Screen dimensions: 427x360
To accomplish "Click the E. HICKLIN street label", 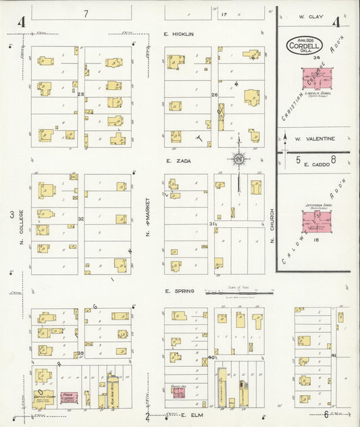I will click(178, 34).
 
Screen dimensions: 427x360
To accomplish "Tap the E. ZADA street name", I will click(176, 162).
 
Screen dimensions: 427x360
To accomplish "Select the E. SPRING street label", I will click(178, 291).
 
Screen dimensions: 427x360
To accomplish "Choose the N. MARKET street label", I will click(147, 226).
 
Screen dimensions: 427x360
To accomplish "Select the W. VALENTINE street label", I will click(315, 139).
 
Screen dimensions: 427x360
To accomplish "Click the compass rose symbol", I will click(238, 159).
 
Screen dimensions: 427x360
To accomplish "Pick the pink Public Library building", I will click(68, 398).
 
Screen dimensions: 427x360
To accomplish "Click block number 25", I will click(80, 94).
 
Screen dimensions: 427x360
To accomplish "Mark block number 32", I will click(80, 219).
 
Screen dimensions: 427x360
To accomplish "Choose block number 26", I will click(215, 95).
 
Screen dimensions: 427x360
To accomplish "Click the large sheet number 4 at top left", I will click(22, 23).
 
